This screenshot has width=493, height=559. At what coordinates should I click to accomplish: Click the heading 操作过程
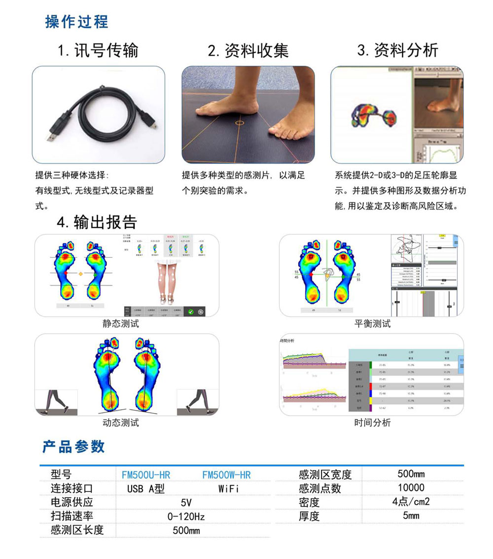tap(76, 22)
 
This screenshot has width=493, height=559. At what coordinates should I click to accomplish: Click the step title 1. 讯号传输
tap(98, 50)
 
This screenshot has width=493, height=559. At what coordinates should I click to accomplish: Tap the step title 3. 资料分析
tap(397, 50)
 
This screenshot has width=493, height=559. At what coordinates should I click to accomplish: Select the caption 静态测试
tap(121, 324)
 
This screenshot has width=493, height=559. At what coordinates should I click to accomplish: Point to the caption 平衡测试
tap(372, 324)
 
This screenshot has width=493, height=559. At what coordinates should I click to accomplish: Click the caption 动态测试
tap(121, 422)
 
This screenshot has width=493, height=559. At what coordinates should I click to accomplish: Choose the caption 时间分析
tap(372, 422)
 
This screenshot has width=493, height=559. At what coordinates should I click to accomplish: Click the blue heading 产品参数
tap(73, 447)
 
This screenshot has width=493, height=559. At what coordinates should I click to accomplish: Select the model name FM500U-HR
tap(146, 475)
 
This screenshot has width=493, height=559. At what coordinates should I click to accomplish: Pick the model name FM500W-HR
tap(226, 475)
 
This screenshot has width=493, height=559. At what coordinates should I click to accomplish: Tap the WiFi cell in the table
tap(228, 489)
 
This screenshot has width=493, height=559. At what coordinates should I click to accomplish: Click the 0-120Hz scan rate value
tap(186, 517)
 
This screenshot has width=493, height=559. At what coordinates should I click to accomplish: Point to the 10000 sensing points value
tap(411, 488)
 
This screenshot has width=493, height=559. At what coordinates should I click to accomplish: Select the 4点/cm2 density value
tap(411, 502)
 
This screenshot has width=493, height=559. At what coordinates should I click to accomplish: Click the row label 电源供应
tap(71, 503)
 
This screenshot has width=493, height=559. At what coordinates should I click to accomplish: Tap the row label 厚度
tap(309, 517)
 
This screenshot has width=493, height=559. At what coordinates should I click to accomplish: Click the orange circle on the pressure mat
tap(240, 122)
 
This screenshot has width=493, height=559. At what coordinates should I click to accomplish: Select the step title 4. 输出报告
tap(97, 222)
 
